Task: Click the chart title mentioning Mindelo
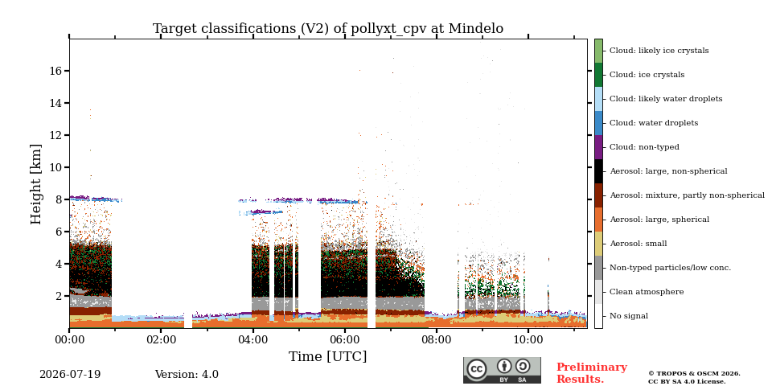pos(328,29)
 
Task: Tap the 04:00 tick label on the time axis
pos(253,339)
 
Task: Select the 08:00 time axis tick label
pos(437,339)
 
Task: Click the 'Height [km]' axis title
pos(36,184)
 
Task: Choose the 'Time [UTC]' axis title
pos(328,356)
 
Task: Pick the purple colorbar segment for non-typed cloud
pos(598,147)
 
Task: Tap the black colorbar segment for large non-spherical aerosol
pos(598,171)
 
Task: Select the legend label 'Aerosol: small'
pos(639,244)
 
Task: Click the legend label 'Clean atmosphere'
pos(647,292)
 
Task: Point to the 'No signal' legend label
pos(629,316)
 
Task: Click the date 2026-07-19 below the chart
pos(70,375)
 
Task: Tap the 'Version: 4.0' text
pos(187,375)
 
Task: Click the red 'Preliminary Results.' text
pos(592,373)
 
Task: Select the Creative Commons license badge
pos(502,370)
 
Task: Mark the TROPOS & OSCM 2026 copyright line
pos(694,374)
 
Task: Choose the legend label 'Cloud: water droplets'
pos(654,123)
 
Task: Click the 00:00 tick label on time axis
pos(69,339)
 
